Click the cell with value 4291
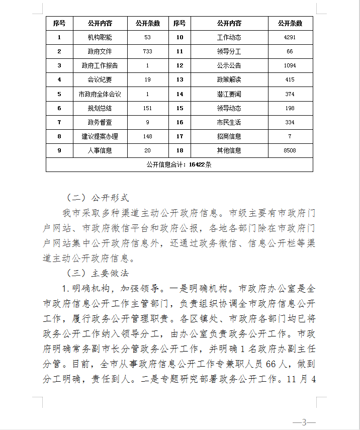point(290,37)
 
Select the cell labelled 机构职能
point(100,37)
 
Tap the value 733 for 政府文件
point(147,51)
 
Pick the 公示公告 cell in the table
point(229,65)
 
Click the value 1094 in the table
point(290,65)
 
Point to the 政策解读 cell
point(229,79)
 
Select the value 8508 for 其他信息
point(290,150)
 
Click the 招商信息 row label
point(229,136)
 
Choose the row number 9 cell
point(59,150)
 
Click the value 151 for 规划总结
point(147,108)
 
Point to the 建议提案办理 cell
point(100,136)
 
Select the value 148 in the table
point(147,136)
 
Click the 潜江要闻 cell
point(229,94)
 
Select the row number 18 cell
point(179,150)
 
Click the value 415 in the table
point(290,79)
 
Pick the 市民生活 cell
point(229,122)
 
